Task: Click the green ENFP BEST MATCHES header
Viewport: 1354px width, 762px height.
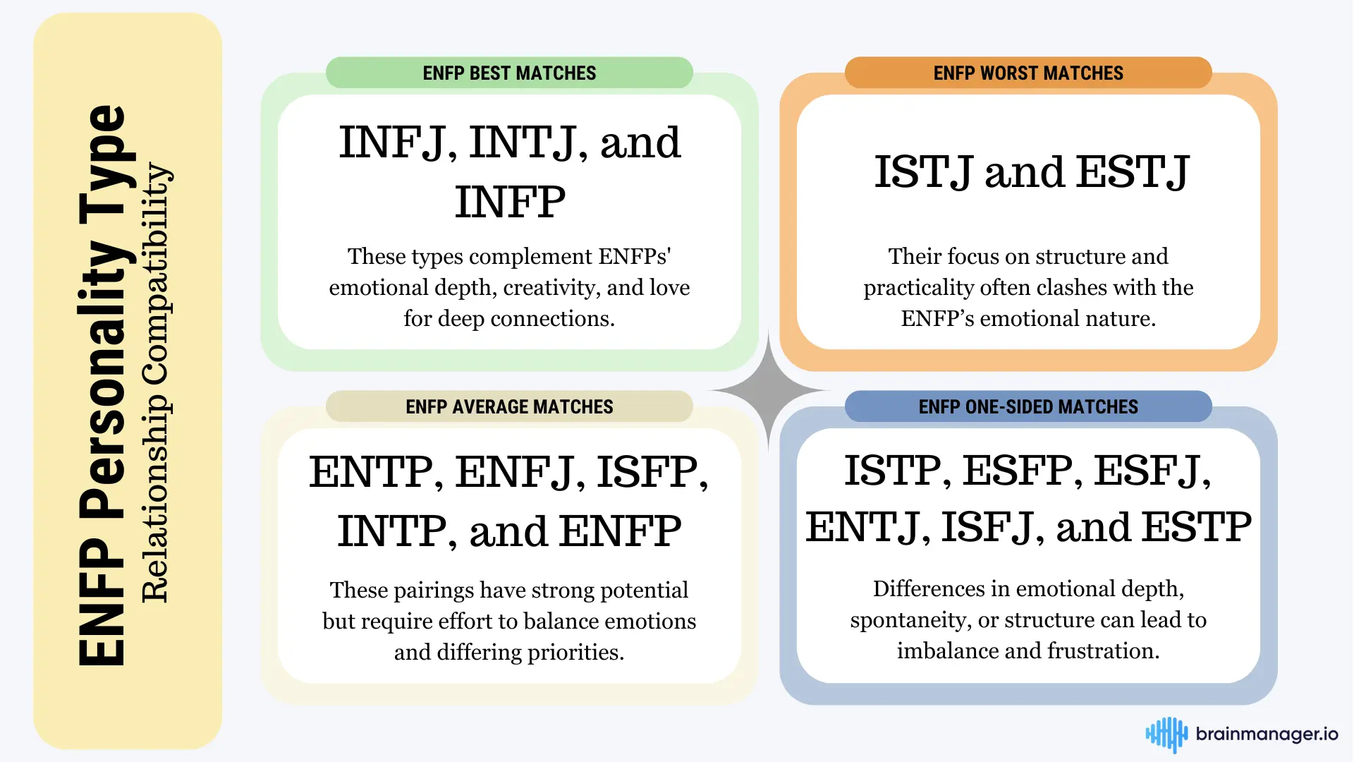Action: click(x=509, y=73)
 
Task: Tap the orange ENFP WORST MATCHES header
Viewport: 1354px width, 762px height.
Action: click(x=1028, y=73)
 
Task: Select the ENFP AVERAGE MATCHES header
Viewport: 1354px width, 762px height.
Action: click(x=509, y=406)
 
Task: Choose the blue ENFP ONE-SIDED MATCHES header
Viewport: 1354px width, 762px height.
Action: click(x=1028, y=406)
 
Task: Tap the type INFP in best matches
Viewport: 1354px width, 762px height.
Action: click(x=510, y=202)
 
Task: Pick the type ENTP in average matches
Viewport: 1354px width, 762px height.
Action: click(x=371, y=472)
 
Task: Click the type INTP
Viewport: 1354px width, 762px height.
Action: click(x=392, y=531)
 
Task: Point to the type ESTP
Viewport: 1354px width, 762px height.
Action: click(x=1197, y=527)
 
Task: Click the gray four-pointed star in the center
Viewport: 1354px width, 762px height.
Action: click(x=769, y=390)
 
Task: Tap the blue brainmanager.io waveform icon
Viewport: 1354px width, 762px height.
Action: click(x=1166, y=734)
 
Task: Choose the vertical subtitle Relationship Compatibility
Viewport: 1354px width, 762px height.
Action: click(x=155, y=383)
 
